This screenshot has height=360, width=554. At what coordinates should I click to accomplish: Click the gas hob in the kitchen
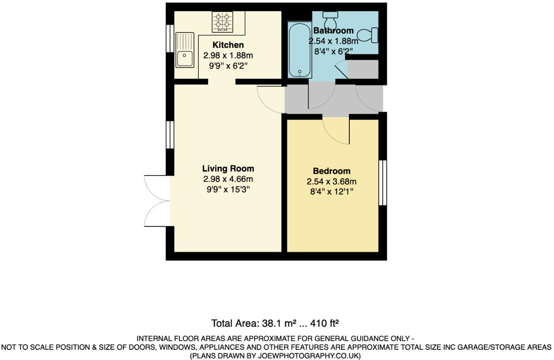point(223,22)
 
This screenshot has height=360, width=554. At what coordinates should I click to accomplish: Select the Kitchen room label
point(228,45)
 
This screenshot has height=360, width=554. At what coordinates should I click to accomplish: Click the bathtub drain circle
point(300,71)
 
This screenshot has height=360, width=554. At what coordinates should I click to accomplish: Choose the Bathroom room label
point(333,30)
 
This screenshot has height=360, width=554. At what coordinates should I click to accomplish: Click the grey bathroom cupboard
point(363,70)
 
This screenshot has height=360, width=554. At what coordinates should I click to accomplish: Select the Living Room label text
point(228,169)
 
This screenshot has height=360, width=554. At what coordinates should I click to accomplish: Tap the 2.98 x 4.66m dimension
point(228,179)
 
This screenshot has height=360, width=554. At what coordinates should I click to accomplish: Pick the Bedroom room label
point(332,171)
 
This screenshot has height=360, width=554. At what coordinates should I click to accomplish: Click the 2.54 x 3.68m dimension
point(332,181)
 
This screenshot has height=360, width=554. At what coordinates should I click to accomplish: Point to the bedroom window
point(383,183)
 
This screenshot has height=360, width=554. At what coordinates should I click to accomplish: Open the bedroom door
point(336,130)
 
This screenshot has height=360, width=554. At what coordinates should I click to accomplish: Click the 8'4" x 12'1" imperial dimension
point(332,192)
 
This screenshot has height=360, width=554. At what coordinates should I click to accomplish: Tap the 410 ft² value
point(324,323)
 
